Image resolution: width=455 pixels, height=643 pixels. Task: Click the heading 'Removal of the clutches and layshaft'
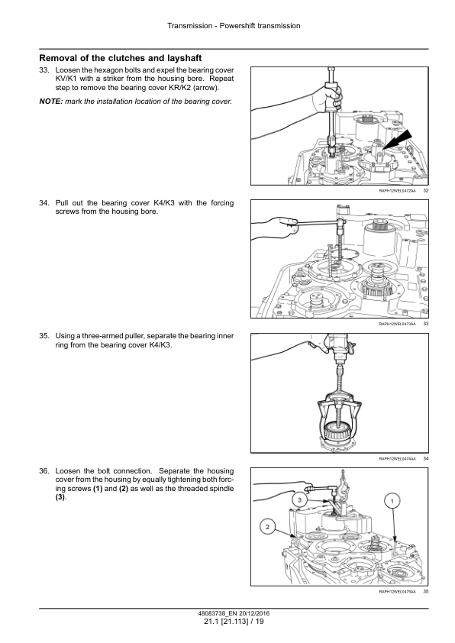(x=121, y=58)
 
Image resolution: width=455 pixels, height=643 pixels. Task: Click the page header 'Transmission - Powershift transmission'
(x=234, y=26)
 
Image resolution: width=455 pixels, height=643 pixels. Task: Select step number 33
(x=44, y=70)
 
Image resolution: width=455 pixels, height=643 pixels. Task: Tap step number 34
(x=44, y=203)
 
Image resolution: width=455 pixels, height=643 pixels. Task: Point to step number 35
(x=44, y=336)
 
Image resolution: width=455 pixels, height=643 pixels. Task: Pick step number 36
(x=44, y=470)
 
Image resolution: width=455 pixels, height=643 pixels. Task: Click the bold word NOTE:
(x=51, y=102)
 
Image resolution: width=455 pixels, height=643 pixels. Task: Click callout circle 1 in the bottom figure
(x=392, y=501)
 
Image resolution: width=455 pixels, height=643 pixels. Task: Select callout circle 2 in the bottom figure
(x=268, y=527)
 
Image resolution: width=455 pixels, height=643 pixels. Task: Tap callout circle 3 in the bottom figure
(x=300, y=500)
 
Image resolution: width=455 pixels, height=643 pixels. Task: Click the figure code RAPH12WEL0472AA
(x=397, y=191)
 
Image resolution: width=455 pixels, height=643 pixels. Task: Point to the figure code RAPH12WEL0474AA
(x=397, y=459)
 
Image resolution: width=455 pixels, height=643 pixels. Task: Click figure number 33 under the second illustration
(x=425, y=324)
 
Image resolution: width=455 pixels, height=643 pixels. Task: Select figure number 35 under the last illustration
(x=425, y=592)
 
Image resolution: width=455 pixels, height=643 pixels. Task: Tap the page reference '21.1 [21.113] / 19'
(x=234, y=622)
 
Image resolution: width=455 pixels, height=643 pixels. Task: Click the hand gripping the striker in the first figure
(x=328, y=99)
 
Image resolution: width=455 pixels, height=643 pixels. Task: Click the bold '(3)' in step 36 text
(x=60, y=497)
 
